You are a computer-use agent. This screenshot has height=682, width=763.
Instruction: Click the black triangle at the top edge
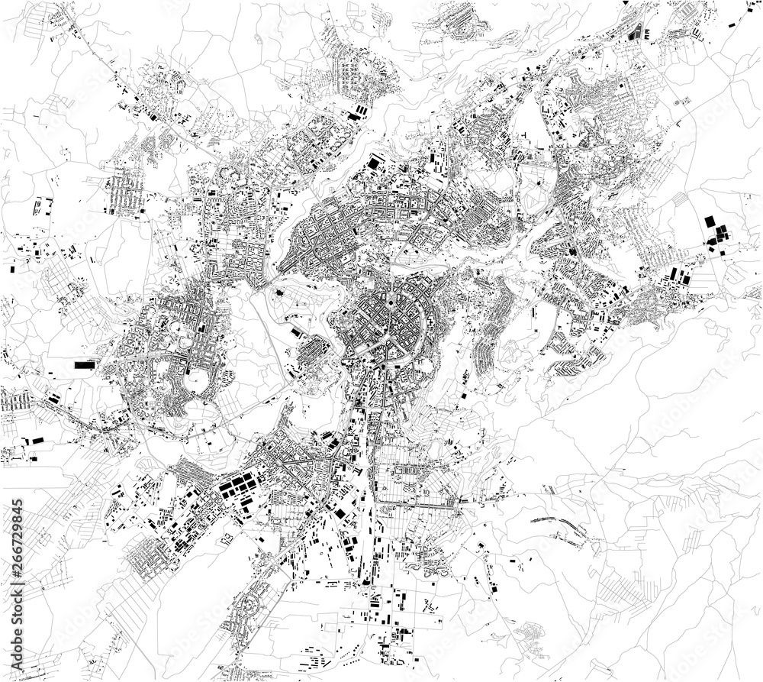(x=626, y=3)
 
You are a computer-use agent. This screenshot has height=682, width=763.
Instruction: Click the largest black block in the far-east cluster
(x=710, y=221)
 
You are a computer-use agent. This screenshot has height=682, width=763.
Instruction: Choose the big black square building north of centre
(x=374, y=163)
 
